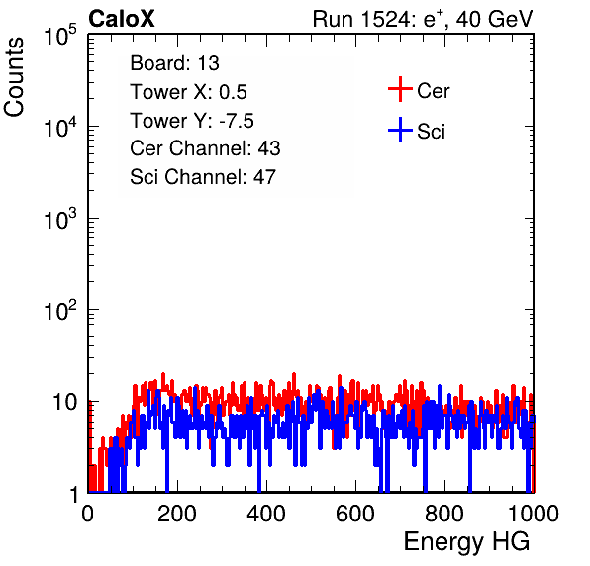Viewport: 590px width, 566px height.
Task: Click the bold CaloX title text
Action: tap(122, 19)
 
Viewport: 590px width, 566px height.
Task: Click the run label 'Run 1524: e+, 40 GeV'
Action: tap(423, 19)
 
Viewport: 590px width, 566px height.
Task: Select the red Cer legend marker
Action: tap(400, 89)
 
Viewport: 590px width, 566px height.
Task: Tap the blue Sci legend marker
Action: tap(400, 131)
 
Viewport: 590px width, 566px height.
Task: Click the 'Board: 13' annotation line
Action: tap(174, 63)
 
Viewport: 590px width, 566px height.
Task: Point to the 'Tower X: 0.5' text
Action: tap(188, 92)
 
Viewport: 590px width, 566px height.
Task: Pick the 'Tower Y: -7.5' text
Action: tap(192, 121)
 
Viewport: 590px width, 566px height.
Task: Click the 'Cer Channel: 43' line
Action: tap(205, 148)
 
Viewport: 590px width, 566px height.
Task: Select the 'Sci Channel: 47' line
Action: tap(203, 177)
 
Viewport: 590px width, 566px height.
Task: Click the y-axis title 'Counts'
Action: tap(14, 77)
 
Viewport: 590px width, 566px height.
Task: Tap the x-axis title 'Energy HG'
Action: tap(466, 542)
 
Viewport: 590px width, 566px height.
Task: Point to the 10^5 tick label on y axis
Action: tap(60, 35)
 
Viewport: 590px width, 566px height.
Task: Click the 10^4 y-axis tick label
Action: tap(60, 127)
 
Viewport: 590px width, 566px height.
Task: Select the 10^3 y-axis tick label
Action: tap(60, 219)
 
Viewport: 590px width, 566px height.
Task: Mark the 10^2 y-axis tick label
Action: tap(60, 310)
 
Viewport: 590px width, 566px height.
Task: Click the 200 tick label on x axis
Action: tap(177, 514)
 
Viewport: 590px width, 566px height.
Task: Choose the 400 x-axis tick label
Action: tap(266, 514)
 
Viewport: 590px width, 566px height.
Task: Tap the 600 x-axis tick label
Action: tap(355, 514)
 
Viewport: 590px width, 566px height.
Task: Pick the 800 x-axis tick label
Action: tap(444, 514)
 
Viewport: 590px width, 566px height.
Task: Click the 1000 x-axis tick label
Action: tap(534, 514)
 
